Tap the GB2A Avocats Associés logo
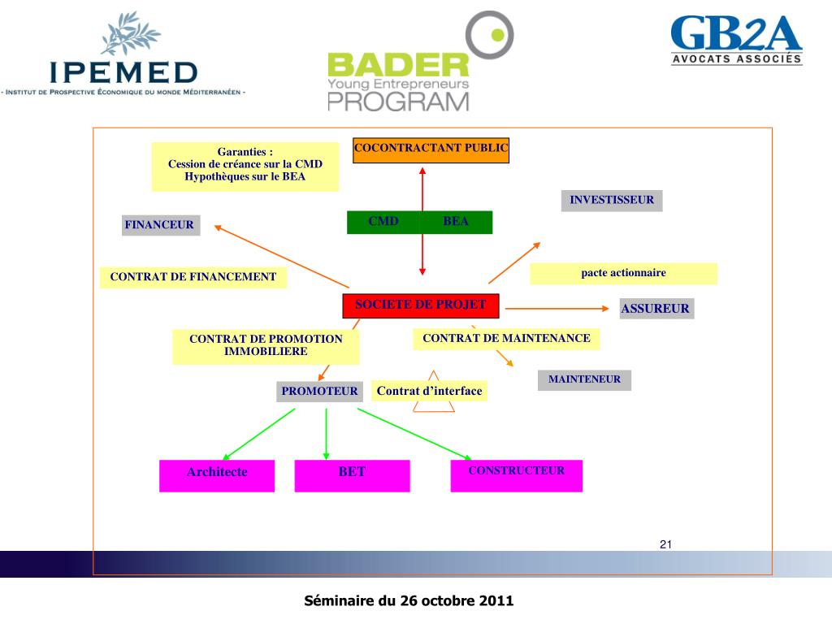(736, 41)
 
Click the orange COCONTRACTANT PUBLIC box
(431, 150)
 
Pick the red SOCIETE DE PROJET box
(420, 305)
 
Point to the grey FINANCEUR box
(160, 225)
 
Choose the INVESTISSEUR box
(611, 201)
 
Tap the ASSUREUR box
(656, 309)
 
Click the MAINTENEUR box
(584, 379)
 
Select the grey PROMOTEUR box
(319, 392)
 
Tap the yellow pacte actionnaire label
(623, 274)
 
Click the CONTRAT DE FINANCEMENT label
(193, 278)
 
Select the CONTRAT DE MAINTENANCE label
(506, 339)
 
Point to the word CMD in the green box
(383, 222)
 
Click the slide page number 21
(665, 544)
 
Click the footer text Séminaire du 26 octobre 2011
(409, 601)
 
